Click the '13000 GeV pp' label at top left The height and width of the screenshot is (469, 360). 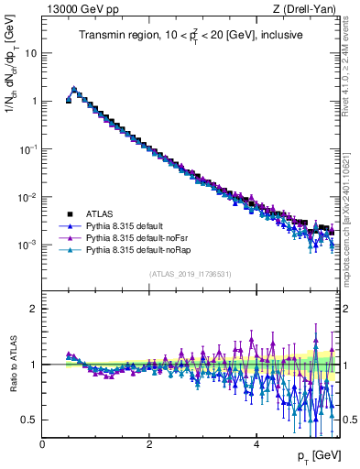(x=76, y=9)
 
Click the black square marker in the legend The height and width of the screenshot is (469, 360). (x=70, y=213)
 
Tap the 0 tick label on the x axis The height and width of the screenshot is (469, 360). (x=42, y=444)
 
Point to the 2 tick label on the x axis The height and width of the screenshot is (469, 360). (x=149, y=444)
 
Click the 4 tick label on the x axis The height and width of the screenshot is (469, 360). (x=256, y=444)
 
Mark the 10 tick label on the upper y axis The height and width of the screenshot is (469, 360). (x=29, y=53)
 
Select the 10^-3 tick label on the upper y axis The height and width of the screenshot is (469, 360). (x=27, y=245)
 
